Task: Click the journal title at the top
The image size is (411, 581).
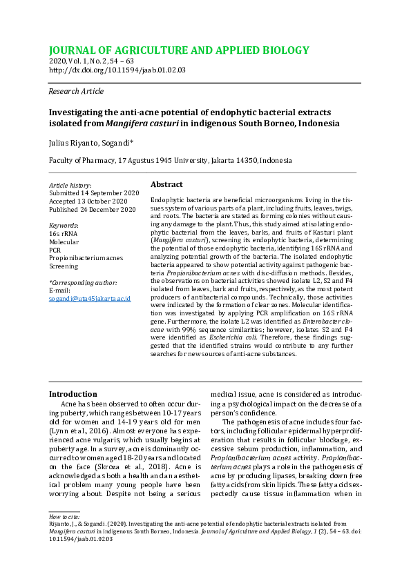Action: [178, 50]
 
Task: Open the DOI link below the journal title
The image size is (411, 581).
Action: [117, 70]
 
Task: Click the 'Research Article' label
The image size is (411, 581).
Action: [76, 91]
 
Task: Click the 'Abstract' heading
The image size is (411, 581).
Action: [166, 185]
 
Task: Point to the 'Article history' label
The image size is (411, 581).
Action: [70, 186]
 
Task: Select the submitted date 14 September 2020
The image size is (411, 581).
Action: [94, 193]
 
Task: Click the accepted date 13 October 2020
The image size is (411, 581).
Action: [88, 201]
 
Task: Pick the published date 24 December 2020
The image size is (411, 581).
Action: [93, 209]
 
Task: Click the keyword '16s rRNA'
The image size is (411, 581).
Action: [63, 234]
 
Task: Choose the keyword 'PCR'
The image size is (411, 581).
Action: [55, 250]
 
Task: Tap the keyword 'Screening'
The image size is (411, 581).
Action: [64, 266]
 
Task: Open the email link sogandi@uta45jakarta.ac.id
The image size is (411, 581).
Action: [90, 299]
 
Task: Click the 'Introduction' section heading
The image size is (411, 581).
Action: [73, 394]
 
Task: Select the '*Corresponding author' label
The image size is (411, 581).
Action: [82, 283]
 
